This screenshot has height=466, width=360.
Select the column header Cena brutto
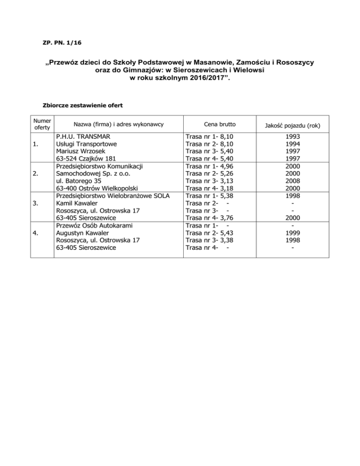point(220,124)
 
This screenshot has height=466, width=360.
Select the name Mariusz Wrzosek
point(81,151)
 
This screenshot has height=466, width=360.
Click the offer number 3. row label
point(36,203)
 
